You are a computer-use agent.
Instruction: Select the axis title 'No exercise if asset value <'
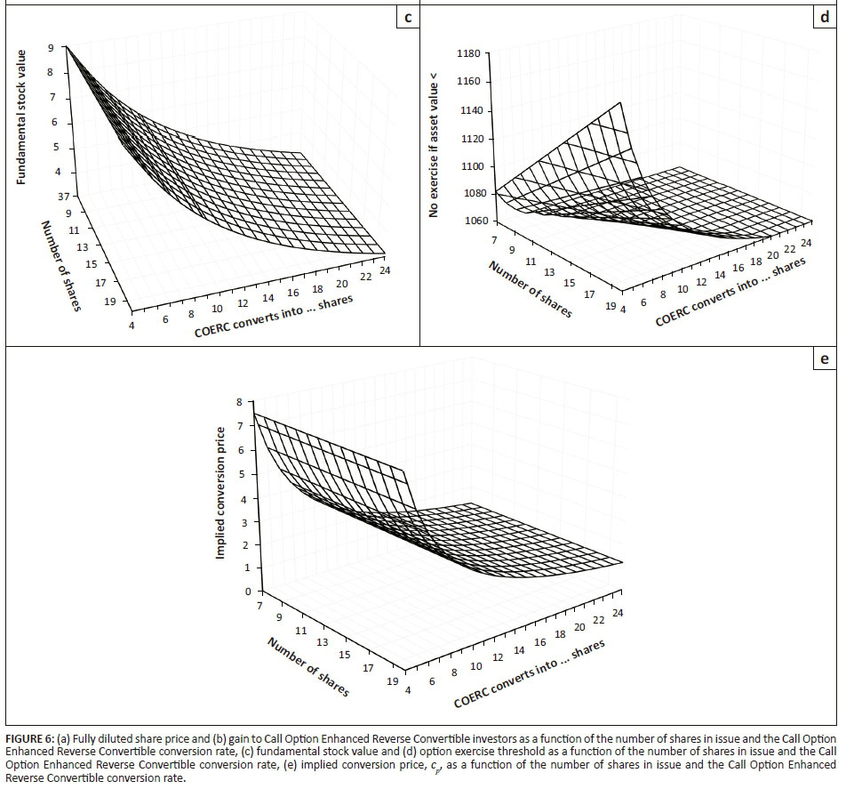pos(435,142)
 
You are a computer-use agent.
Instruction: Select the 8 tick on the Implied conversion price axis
pos(238,403)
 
